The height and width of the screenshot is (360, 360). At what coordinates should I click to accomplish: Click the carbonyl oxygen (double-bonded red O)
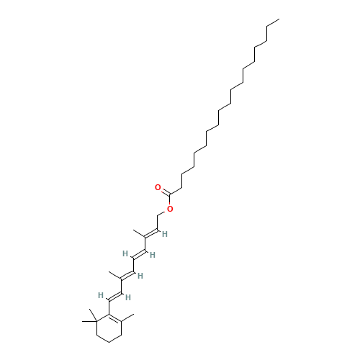[x=158, y=187]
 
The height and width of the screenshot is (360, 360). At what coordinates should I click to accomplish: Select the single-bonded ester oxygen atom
[x=170, y=209]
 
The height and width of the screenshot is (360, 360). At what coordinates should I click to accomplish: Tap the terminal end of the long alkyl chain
[x=279, y=19]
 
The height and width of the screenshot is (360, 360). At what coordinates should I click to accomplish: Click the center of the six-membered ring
[x=109, y=328]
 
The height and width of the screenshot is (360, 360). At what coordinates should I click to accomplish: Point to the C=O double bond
[x=165, y=192]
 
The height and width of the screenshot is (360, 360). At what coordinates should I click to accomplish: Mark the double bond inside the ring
[x=115, y=318]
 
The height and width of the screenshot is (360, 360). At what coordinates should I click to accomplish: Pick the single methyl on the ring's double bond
[x=127, y=318]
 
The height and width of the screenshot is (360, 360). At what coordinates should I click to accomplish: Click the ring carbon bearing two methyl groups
[x=96, y=321]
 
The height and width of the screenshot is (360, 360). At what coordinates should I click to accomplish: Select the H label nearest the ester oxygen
[x=165, y=234]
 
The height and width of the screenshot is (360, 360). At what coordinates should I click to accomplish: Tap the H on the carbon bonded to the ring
[x=101, y=295]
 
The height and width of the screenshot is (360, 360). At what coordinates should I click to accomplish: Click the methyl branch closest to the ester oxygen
[x=139, y=233]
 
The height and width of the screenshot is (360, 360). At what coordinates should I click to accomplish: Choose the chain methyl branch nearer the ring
[x=115, y=276]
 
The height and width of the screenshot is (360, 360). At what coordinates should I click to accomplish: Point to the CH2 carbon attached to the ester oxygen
[x=158, y=215]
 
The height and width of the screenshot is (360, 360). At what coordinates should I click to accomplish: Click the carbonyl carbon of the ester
[x=170, y=194]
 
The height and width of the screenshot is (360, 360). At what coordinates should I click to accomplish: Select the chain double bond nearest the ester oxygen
[x=151, y=233]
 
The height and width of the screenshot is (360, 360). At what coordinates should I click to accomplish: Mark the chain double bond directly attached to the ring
[x=115, y=297]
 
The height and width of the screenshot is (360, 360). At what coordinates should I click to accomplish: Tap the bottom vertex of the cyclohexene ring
[x=109, y=343]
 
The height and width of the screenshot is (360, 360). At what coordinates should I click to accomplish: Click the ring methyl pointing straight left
[x=89, y=321]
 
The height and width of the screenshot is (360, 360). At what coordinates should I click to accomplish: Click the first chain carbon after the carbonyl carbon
[x=181, y=187]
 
